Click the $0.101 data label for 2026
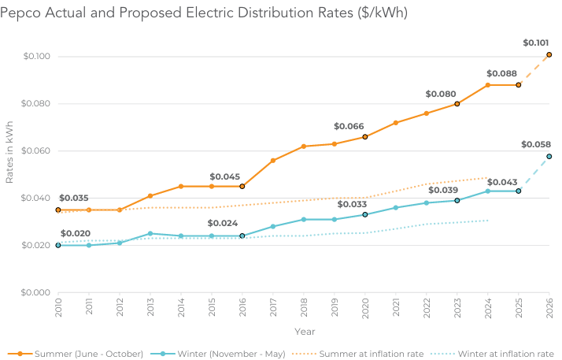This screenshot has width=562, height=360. click(x=537, y=43)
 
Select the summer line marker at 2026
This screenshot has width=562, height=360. click(x=549, y=54)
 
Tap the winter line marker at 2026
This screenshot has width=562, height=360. click(x=549, y=156)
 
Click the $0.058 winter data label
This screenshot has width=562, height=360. click(x=535, y=145)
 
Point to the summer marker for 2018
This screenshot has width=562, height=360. click(x=304, y=147)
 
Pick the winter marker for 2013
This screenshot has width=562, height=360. click(x=150, y=233)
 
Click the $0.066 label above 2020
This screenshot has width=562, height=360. click(x=349, y=126)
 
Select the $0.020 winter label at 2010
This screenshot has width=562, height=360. click(x=75, y=234)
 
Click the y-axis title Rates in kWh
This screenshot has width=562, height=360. click(x=10, y=151)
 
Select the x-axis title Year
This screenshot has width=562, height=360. click(x=304, y=332)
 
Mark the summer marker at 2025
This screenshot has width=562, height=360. click(x=519, y=84)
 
